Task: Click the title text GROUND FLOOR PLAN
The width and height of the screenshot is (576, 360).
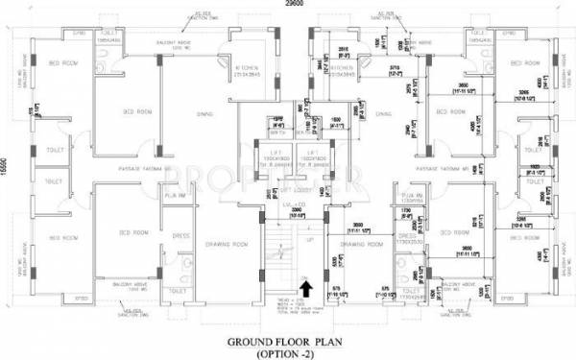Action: pos(289,340)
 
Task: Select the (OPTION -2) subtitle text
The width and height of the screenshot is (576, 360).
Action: pos(289,352)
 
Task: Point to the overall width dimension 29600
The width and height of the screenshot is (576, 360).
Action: pos(288,5)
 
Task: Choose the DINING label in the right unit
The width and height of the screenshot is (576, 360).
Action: pos(384,113)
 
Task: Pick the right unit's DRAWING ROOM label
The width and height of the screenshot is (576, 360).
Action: pos(360,244)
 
